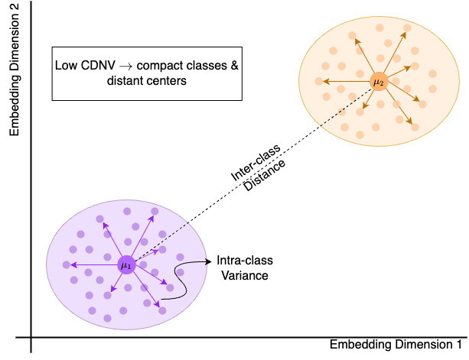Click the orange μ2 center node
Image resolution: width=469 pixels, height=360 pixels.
378,82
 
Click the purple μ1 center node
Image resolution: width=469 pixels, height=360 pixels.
126,265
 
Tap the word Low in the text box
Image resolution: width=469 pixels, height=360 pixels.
65,66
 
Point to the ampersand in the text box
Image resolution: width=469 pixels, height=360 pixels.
234,66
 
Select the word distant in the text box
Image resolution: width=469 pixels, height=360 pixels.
125,81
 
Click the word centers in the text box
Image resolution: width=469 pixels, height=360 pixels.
167,81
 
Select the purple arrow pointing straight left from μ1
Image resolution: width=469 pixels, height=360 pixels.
96,265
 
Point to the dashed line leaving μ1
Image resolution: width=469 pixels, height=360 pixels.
161,242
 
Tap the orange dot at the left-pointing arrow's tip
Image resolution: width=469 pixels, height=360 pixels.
318,81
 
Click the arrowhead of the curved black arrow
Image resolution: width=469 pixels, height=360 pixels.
204,262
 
